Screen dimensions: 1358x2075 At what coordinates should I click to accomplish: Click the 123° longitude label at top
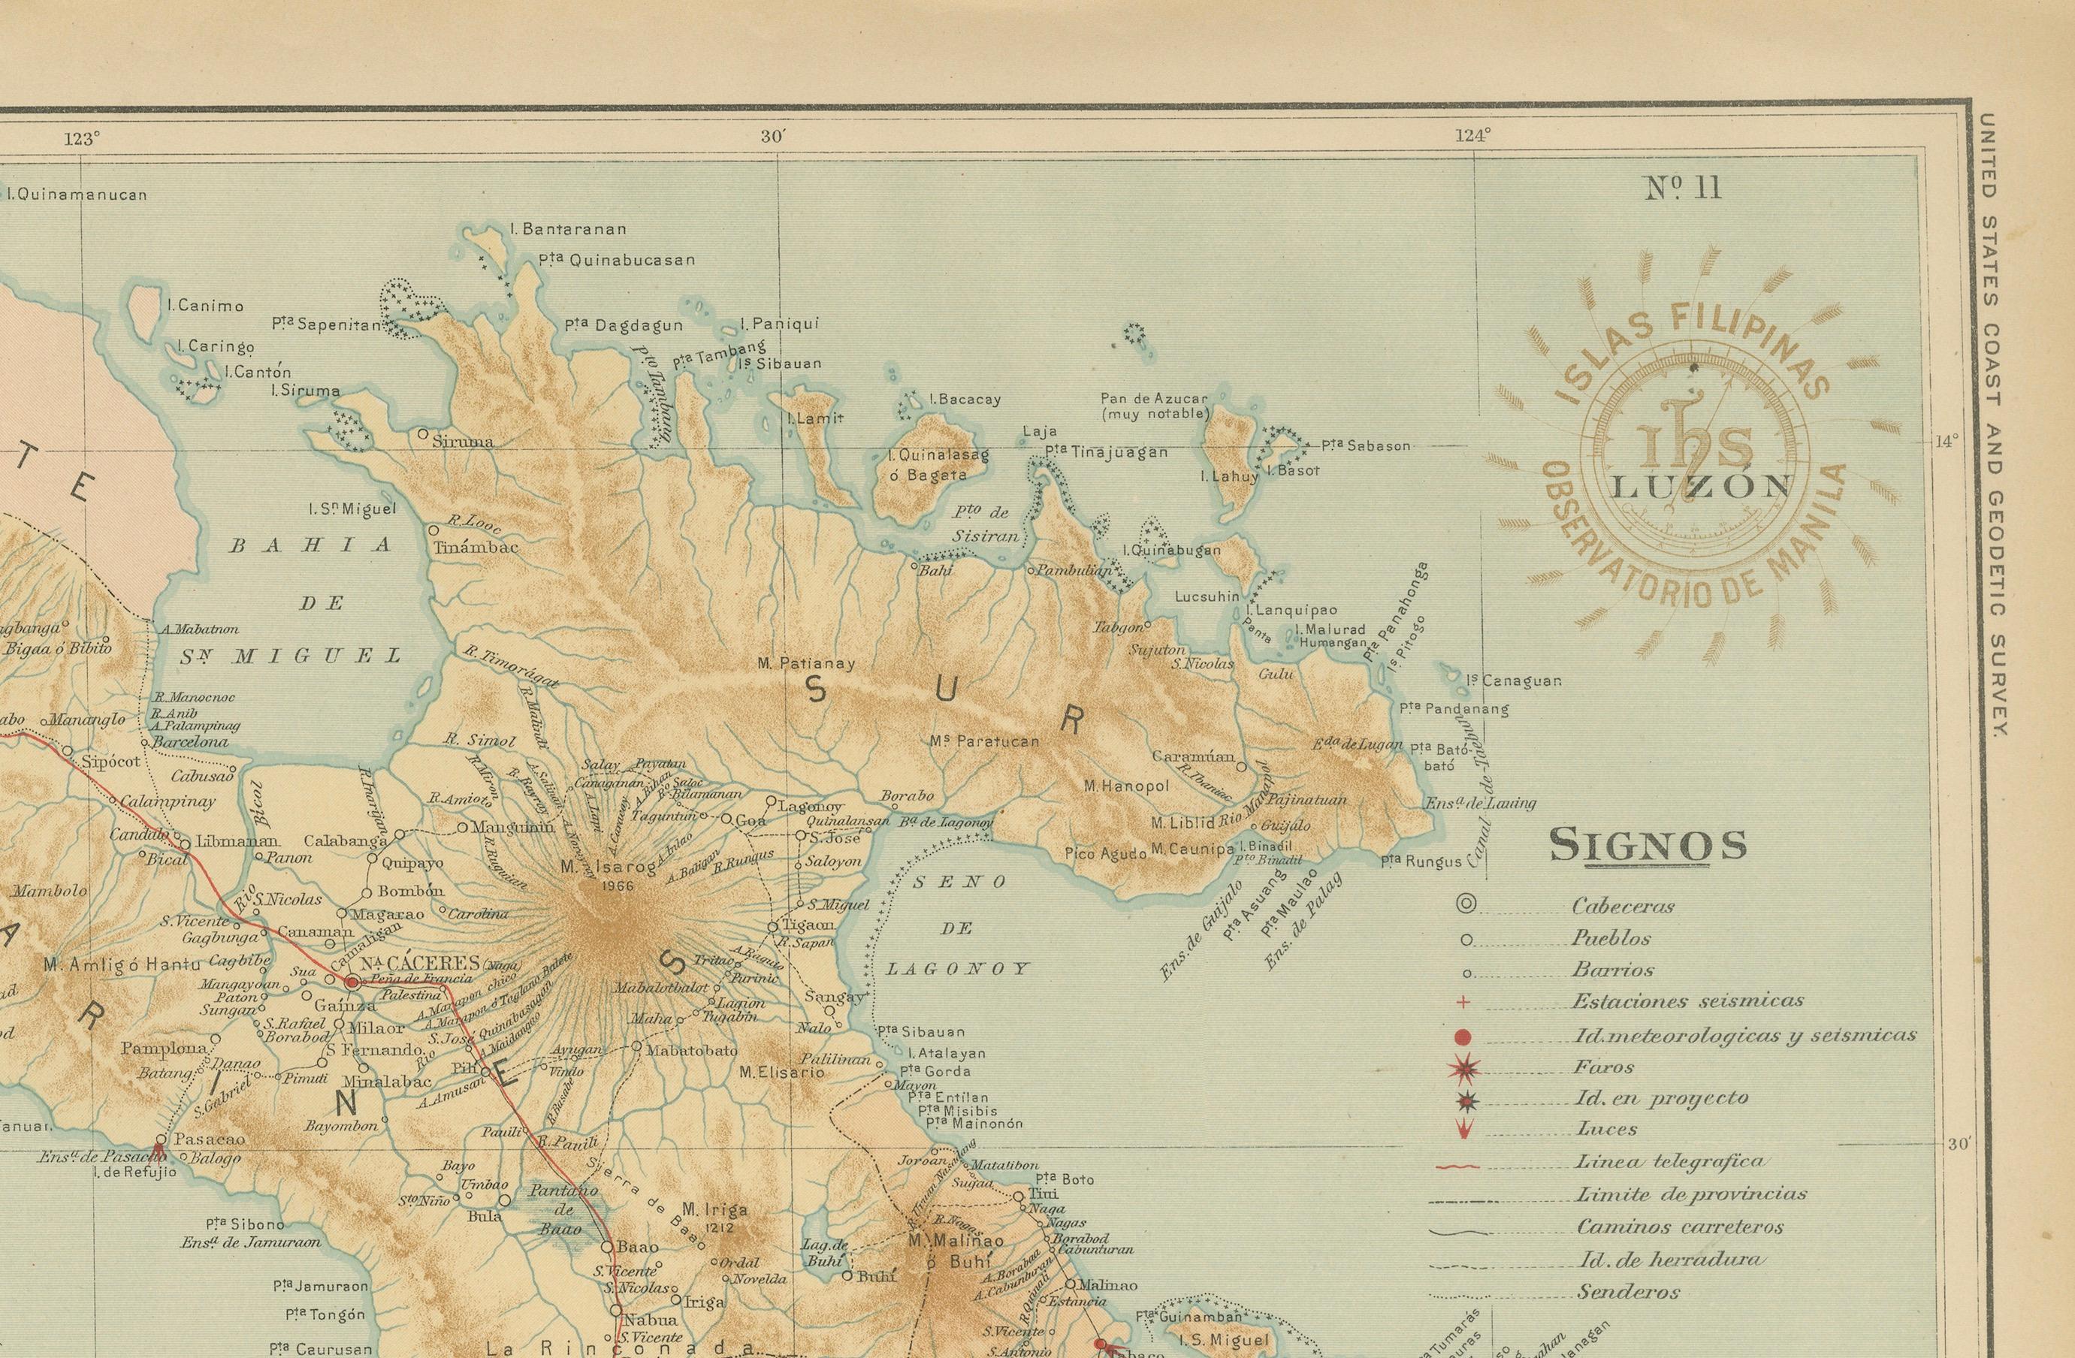82,139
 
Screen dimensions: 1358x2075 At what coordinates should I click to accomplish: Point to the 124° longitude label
1472,135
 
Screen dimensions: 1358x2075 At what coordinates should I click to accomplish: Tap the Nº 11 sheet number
1683,189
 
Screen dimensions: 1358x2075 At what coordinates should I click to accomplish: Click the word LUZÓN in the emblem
1700,487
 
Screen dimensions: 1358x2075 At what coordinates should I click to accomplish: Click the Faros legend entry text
1604,1067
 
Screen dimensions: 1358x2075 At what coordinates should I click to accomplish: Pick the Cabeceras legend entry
1623,907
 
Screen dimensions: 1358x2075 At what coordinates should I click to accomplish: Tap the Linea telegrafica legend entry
1669,1161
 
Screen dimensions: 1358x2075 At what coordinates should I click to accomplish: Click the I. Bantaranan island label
569,230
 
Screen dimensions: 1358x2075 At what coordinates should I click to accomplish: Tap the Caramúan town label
1193,756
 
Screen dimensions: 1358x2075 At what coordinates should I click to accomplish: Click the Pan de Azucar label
1155,398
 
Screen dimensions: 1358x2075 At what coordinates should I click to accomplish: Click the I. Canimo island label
205,306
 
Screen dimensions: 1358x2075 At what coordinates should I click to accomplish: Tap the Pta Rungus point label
1421,862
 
